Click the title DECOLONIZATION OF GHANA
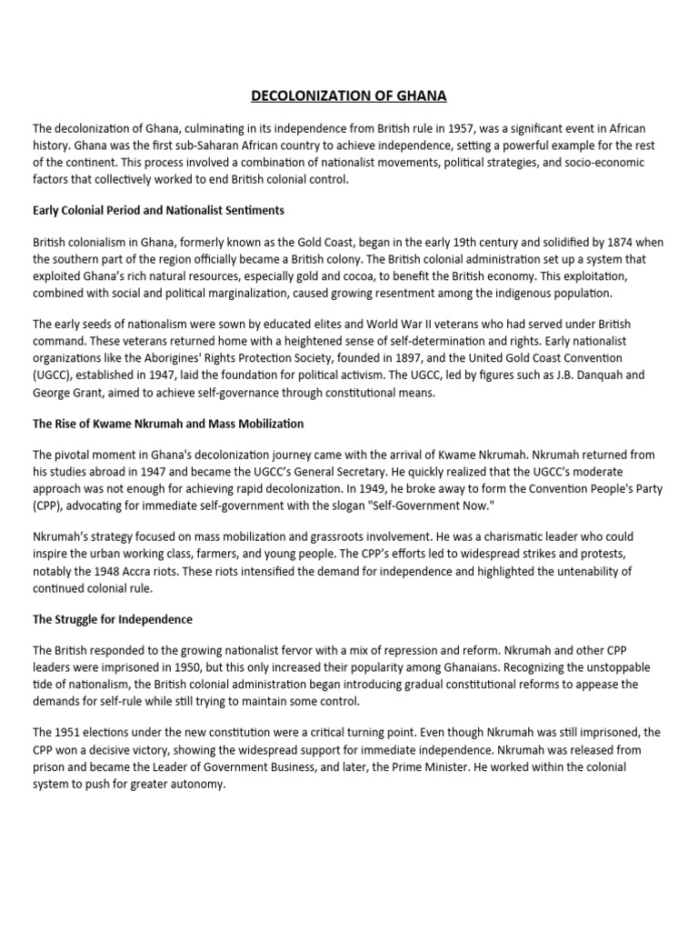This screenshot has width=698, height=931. pos(349,95)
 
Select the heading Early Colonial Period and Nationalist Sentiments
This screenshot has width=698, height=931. pos(158,210)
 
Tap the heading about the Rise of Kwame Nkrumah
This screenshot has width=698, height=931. pos(168,424)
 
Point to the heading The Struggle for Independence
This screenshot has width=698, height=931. pos(113,619)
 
